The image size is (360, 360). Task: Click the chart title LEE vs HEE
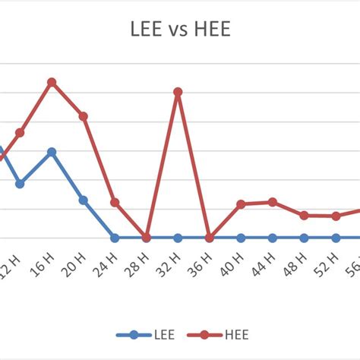pyautogui.click(x=179, y=30)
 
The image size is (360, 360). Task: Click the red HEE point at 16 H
pyautogui.click(x=52, y=81)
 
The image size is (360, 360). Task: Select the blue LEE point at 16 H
pyautogui.click(x=52, y=152)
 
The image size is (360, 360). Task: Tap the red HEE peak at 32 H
pyautogui.click(x=178, y=92)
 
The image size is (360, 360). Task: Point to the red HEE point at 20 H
pyautogui.click(x=84, y=116)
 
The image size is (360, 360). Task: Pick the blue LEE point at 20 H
pyautogui.click(x=84, y=200)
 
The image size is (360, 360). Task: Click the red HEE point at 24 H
pyautogui.click(x=115, y=203)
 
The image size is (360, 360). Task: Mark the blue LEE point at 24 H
pyautogui.click(x=115, y=238)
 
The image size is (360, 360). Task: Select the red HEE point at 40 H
pyautogui.click(x=241, y=204)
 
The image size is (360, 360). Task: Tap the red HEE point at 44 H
pyautogui.click(x=273, y=202)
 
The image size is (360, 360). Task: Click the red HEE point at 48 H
pyautogui.click(x=304, y=215)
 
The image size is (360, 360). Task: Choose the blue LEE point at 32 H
pyautogui.click(x=178, y=238)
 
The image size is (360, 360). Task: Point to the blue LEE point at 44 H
pyautogui.click(x=273, y=238)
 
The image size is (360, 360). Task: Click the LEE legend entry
pyautogui.click(x=142, y=334)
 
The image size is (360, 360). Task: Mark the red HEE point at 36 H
pyautogui.click(x=210, y=238)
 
